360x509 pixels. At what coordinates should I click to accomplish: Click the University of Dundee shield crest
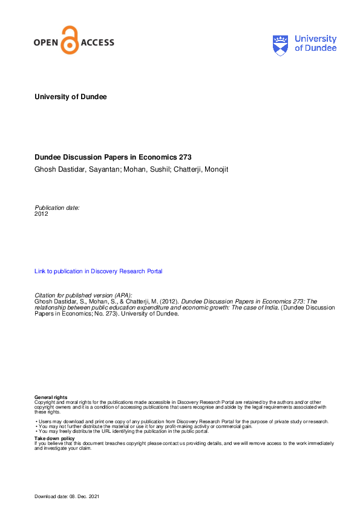pyautogui.click(x=281, y=45)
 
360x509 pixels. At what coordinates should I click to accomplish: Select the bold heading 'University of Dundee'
pyautogui.click(x=71, y=97)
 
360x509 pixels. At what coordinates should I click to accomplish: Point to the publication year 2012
pyautogui.click(x=41, y=213)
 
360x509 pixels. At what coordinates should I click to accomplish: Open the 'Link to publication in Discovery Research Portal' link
pyautogui.click(x=99, y=271)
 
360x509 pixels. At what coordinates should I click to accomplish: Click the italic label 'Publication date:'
pyautogui.click(x=57, y=207)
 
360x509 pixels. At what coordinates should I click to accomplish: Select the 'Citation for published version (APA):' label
pyautogui.click(x=83, y=294)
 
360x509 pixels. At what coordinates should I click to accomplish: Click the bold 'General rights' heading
pyautogui.click(x=51, y=397)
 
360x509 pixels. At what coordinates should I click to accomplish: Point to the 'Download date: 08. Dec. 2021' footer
pyautogui.click(x=67, y=497)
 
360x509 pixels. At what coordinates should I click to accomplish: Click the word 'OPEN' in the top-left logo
pyautogui.click(x=47, y=42)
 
